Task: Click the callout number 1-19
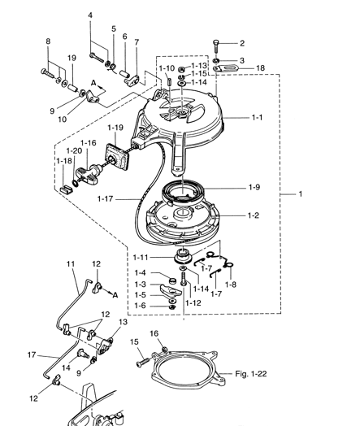point(115,128)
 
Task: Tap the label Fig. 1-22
point(250,374)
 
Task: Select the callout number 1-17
point(105,199)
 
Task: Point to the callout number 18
point(260,67)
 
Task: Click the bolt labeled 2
point(216,46)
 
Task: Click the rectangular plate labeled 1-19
point(118,157)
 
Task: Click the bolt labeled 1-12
point(184,280)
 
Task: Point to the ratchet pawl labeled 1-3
point(171,290)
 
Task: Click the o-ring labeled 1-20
point(76,184)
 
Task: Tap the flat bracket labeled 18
point(226,68)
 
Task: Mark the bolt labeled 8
point(47,73)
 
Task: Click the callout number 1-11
point(141,257)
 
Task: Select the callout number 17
point(32,354)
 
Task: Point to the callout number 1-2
point(254,215)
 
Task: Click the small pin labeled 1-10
point(169,81)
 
